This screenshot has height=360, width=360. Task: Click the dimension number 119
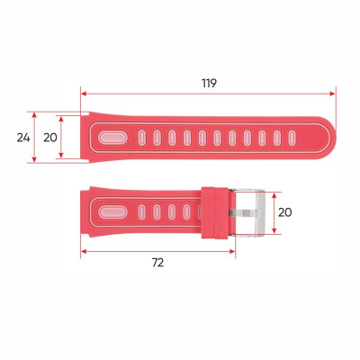[209, 82]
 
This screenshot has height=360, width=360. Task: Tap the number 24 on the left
[23, 138]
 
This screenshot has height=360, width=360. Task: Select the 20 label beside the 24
[50, 138]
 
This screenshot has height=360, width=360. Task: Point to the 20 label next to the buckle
[284, 212]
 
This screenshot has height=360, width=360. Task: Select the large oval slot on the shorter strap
[112, 213]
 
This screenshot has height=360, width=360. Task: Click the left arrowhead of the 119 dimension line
[85, 91]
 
